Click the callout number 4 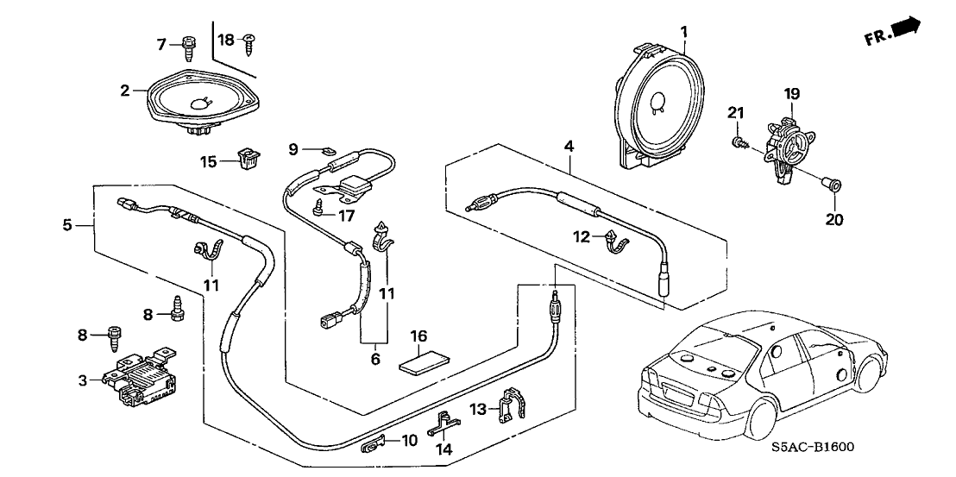[x=569, y=147]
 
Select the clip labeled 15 [x=250, y=158]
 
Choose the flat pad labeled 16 [x=419, y=359]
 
